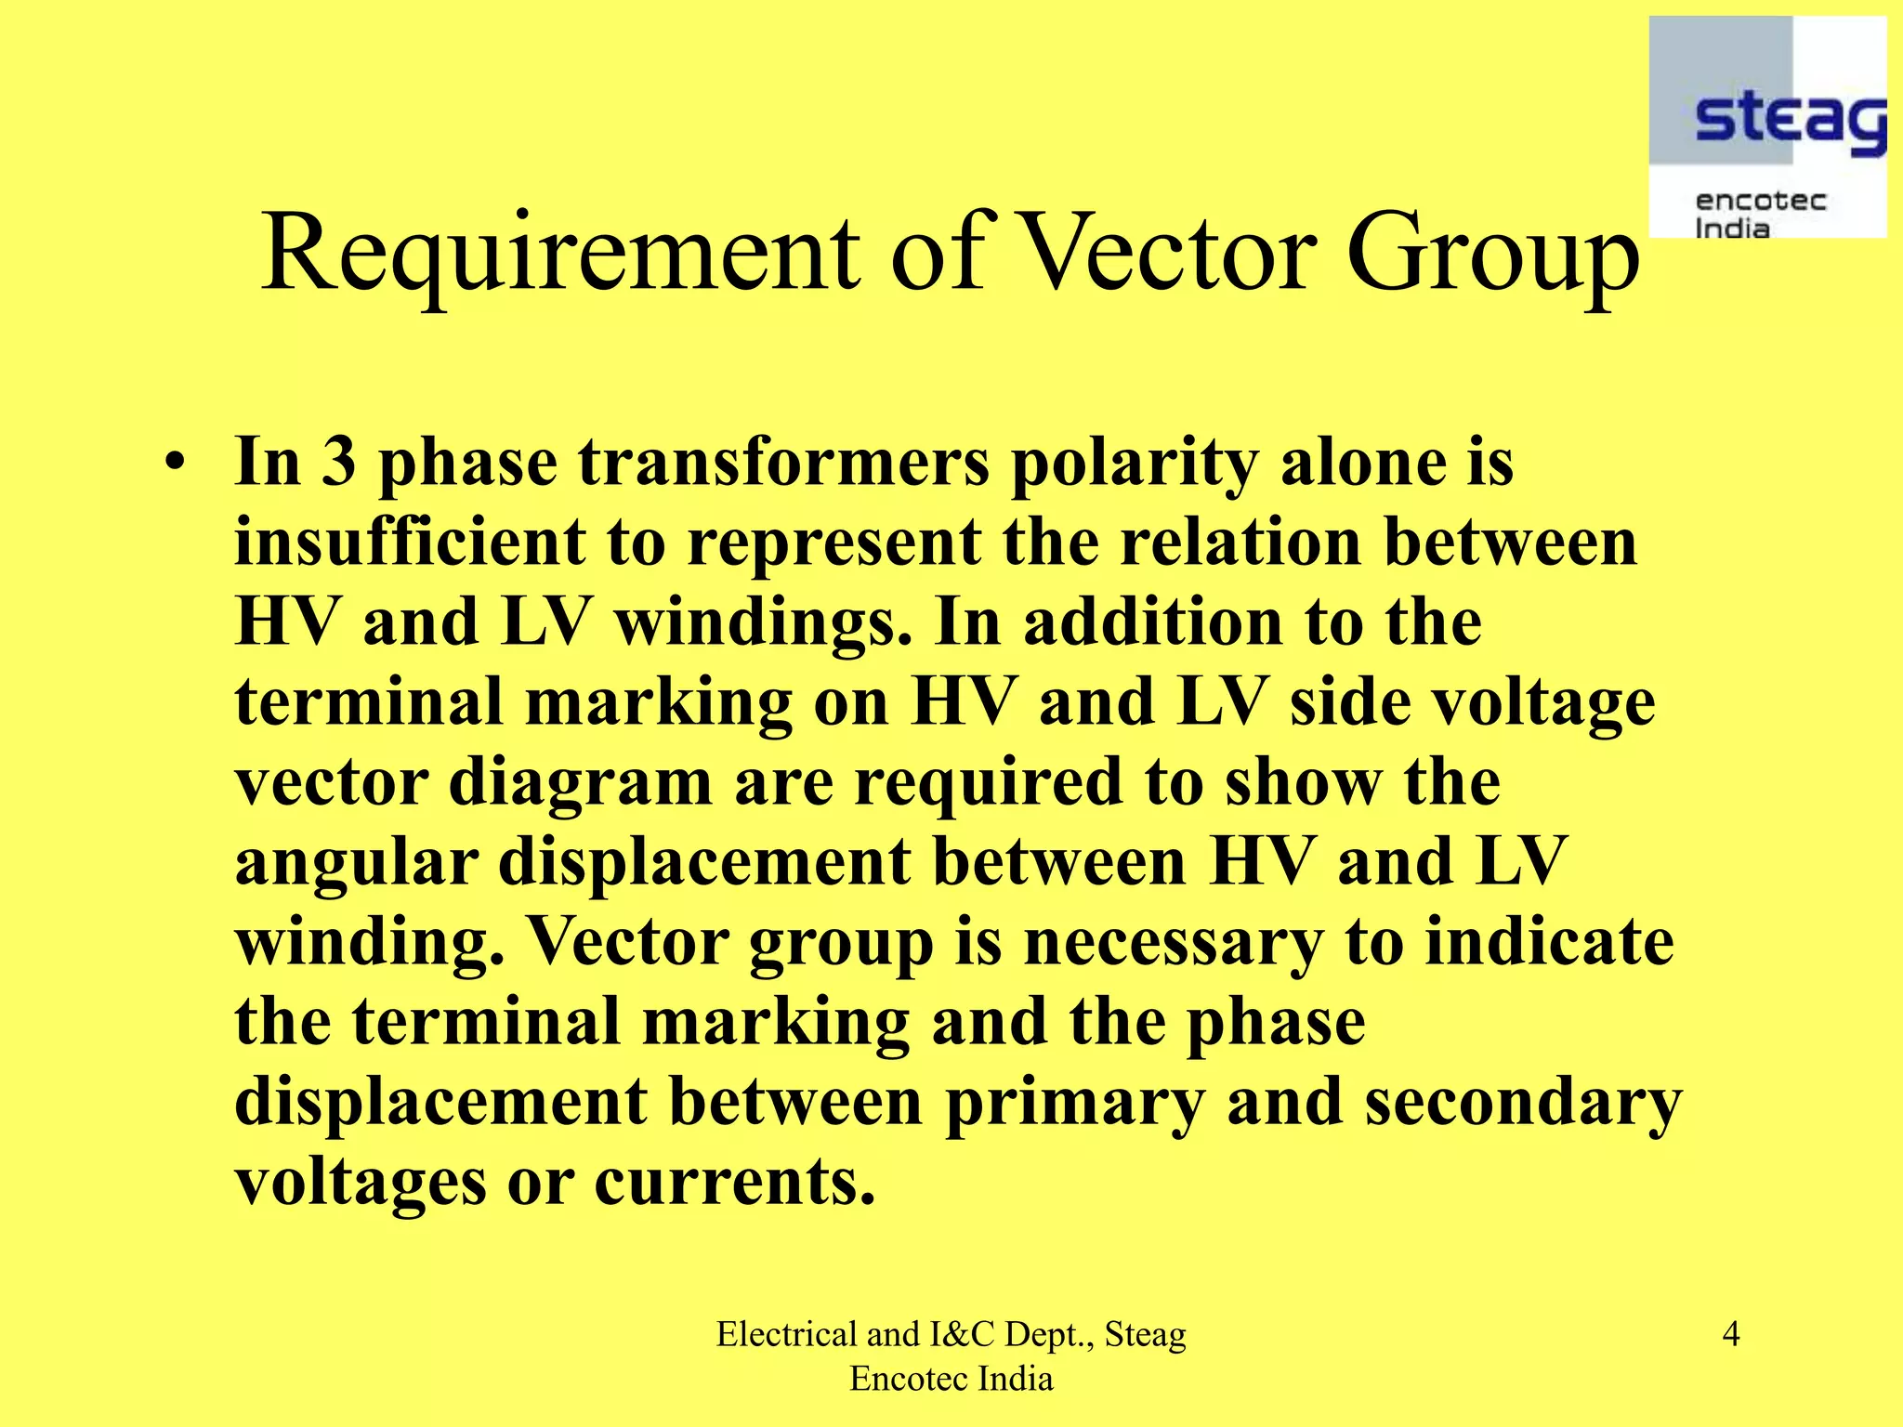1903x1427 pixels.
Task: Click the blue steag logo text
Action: point(1790,121)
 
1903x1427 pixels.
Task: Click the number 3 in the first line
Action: point(339,462)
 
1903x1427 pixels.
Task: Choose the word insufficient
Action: point(410,542)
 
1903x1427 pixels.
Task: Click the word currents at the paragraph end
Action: point(734,1183)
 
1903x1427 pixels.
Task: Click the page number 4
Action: point(1731,1334)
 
